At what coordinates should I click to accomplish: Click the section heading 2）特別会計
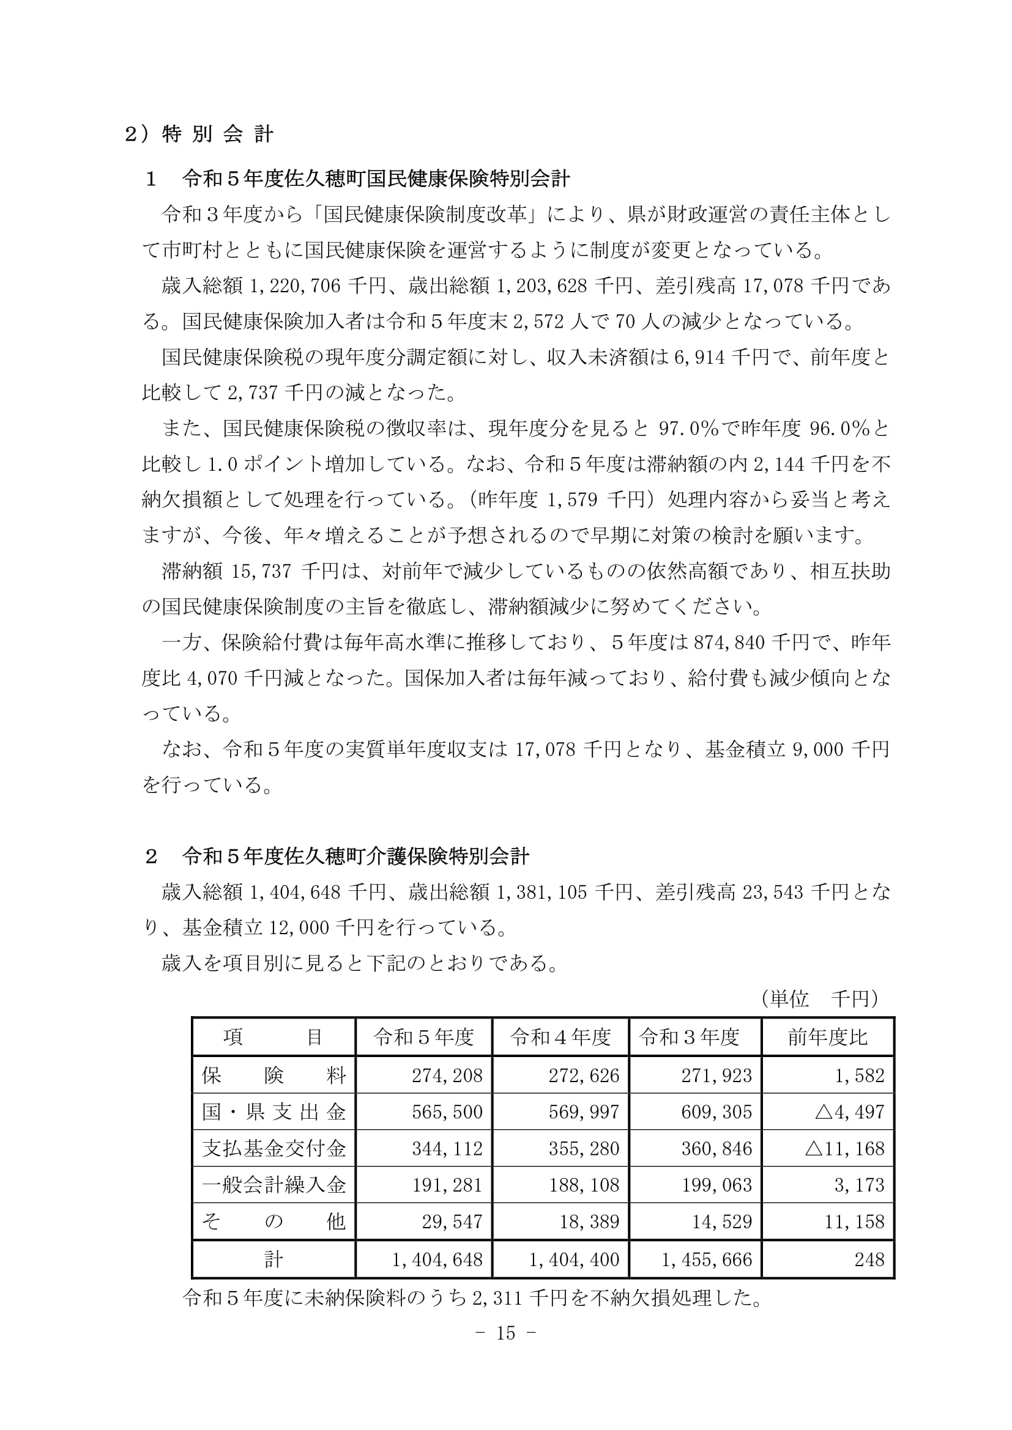tap(199, 135)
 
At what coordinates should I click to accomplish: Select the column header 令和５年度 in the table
tap(424, 1037)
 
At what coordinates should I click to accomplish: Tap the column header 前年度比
tap(827, 1037)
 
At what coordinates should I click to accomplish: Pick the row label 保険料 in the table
tap(273, 1075)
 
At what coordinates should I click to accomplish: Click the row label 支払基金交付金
tap(273, 1149)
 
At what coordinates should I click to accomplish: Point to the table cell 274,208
tap(447, 1075)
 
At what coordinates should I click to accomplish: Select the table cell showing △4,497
tap(849, 1111)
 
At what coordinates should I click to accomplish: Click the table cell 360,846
tap(716, 1149)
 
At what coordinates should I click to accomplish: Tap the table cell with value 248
tap(869, 1259)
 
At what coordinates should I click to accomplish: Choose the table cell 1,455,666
tap(707, 1259)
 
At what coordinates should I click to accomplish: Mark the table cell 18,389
tap(583, 1222)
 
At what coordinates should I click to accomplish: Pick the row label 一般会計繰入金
tap(273, 1185)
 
